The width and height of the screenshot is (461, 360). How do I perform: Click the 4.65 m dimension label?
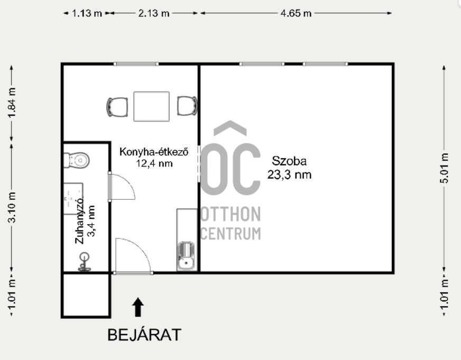[296, 13]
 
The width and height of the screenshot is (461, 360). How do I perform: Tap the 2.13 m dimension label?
[154, 13]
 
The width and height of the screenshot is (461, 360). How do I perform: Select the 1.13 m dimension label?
[87, 13]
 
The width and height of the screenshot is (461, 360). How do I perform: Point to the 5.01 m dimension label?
[444, 168]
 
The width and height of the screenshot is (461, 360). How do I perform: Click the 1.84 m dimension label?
[12, 103]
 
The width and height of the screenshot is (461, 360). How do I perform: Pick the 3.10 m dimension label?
[12, 207]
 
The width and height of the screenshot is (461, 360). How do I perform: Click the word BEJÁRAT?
[144, 335]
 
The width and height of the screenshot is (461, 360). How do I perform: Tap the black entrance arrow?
[138, 307]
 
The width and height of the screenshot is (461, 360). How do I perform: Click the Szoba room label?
[289, 161]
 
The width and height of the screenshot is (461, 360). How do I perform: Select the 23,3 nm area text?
[289, 174]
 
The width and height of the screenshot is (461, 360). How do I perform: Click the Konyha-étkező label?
[154, 152]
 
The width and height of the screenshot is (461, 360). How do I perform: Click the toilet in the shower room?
[77, 160]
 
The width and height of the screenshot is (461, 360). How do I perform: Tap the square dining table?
[151, 106]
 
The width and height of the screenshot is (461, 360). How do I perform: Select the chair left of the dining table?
[117, 107]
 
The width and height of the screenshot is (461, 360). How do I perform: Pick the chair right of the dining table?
[187, 106]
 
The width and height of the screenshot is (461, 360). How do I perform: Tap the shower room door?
[122, 187]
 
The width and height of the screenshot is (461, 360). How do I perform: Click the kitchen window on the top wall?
[136, 64]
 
